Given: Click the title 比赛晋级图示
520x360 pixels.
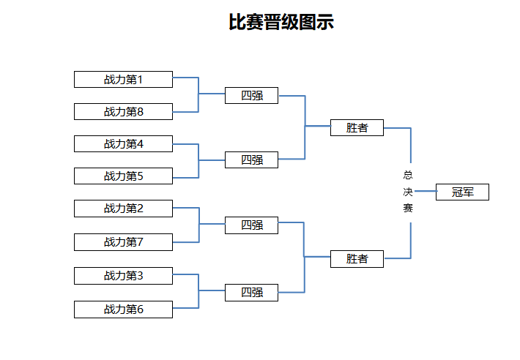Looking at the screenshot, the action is point(281,22).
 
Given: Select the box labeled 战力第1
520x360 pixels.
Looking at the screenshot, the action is point(123,80).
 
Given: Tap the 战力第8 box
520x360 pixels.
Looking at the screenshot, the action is point(123,112).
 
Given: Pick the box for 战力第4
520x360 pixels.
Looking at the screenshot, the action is point(123,143).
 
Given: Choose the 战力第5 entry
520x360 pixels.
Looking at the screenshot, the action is point(123,176).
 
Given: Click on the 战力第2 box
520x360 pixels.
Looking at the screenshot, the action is point(123,209).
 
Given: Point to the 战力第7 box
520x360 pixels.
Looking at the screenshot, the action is point(123,242).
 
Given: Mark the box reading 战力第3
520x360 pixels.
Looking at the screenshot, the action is point(123,276).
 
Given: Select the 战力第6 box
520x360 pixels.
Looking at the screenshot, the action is point(123,310).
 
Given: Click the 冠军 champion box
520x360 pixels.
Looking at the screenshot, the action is point(462,192).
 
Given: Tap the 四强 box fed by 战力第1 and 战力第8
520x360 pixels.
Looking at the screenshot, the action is point(251,95).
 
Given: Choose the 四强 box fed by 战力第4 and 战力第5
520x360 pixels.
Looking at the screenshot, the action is point(251,160).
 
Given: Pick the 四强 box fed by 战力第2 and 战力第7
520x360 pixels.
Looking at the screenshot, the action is point(251,225).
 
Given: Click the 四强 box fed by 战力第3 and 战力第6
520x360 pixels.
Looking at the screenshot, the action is point(251,293).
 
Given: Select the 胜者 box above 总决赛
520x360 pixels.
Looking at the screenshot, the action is point(357,127).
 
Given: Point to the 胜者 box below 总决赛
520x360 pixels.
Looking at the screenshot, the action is point(357,258).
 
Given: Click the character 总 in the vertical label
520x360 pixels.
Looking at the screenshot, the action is point(408,175).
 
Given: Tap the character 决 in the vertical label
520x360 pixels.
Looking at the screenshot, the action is point(408,192).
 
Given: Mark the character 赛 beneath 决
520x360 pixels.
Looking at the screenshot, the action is point(408,208).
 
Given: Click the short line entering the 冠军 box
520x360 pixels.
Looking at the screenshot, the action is point(426,191).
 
